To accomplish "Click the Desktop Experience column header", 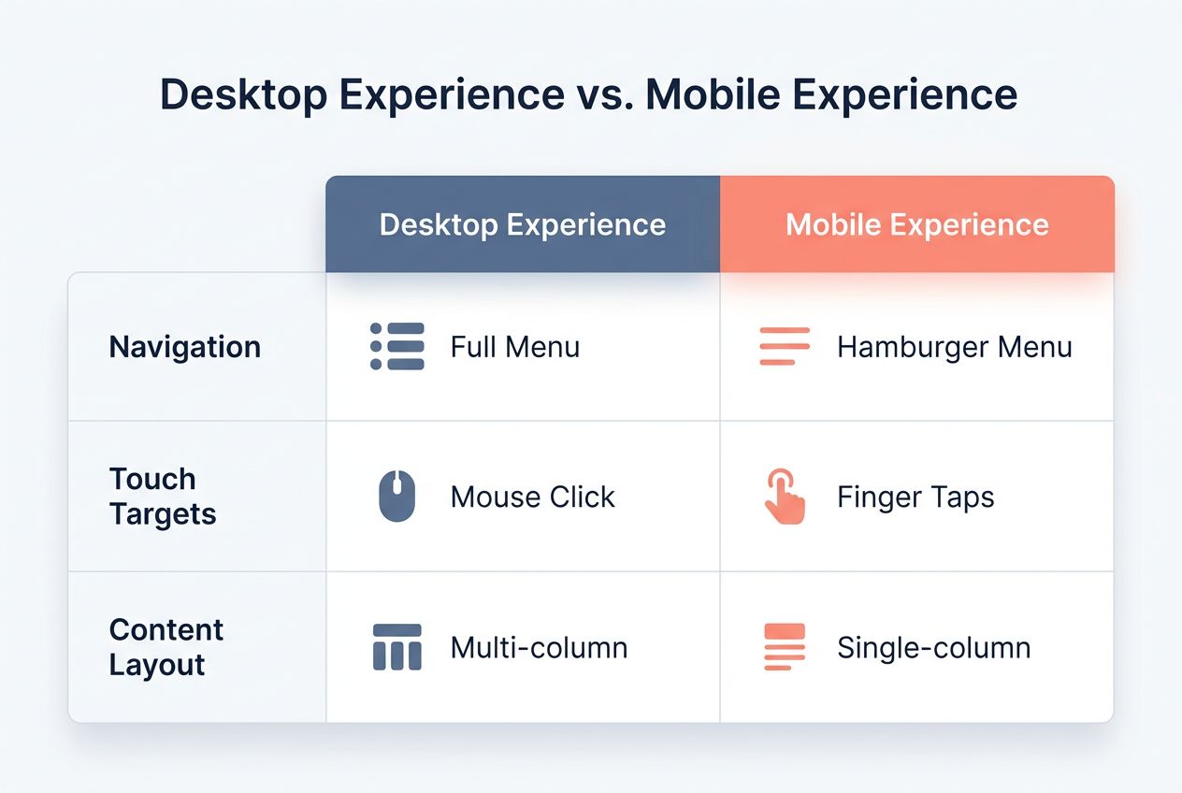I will coord(522,224).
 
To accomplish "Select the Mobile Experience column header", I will coord(916,224).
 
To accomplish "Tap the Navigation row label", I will coord(185,347).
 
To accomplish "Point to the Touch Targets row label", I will coord(163,497).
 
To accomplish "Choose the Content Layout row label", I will coord(166,647).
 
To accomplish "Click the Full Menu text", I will coord(514,347).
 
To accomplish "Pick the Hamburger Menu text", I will coord(954,347).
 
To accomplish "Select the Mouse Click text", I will coord(532,497).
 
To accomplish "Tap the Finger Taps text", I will coord(915,497).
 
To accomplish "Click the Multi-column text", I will coord(539,647).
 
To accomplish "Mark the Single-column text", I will coord(933,647).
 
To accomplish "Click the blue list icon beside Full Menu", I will coord(397,347).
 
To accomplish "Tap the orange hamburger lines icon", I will coord(784,347).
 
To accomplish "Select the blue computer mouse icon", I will coord(397,496).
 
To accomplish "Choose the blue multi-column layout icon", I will coord(397,647).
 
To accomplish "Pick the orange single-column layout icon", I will coord(784,647).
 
